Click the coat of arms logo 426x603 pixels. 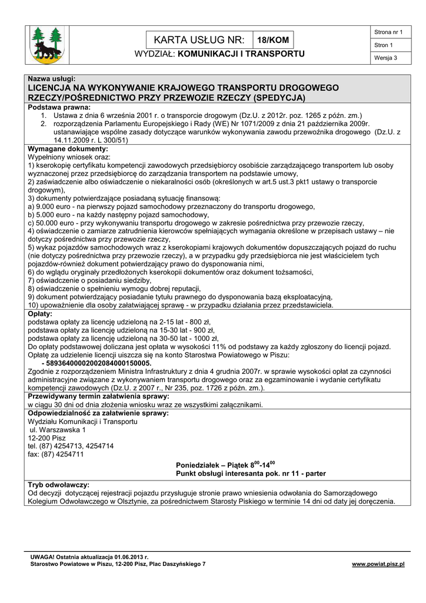(x=48, y=45)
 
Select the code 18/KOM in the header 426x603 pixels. (x=272, y=40)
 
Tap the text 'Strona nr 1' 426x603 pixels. (x=388, y=32)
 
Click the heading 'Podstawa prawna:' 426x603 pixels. (x=59, y=108)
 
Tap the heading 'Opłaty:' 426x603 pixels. (x=41, y=314)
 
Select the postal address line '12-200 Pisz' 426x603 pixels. (x=47, y=438)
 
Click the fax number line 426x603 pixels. (x=56, y=455)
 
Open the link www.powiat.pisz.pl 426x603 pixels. (x=378, y=564)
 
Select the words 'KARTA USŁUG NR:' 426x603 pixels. (x=198, y=40)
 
